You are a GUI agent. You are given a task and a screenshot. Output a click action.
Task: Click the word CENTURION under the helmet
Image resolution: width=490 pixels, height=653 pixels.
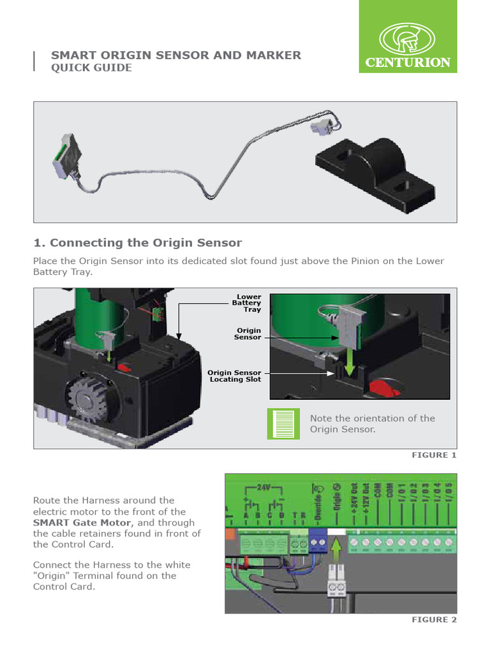[x=408, y=62]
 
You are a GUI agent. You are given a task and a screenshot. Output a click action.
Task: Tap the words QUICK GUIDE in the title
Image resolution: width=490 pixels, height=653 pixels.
[x=91, y=68]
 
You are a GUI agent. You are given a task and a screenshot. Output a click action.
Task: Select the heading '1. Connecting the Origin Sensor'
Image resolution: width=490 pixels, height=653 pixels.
[x=137, y=242]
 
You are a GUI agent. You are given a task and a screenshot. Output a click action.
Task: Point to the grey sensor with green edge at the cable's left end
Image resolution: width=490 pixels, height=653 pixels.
[x=66, y=156]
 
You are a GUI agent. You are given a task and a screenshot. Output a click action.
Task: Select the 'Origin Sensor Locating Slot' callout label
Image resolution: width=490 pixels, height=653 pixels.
[x=235, y=376]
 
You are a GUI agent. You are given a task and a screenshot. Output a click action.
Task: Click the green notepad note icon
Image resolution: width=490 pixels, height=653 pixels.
[x=283, y=423]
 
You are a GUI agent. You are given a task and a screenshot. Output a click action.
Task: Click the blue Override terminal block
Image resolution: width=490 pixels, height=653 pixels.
[x=317, y=541]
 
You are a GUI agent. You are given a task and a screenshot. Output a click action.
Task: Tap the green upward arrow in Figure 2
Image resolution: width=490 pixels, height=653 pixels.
[x=337, y=547]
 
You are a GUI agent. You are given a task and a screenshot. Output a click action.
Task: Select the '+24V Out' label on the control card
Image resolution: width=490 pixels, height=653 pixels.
[x=354, y=503]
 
